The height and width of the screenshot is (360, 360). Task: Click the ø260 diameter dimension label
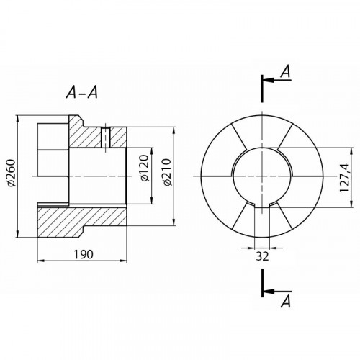point(12,173)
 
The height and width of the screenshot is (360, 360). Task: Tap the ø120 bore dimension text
point(144,168)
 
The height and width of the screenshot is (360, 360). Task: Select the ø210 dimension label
point(167,172)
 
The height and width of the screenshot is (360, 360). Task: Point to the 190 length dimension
point(83,254)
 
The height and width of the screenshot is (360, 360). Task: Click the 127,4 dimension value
point(344,178)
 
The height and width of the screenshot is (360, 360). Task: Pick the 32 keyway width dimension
point(262,256)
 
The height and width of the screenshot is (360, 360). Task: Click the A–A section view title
point(82,93)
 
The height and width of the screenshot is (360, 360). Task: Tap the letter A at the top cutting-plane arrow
point(286,71)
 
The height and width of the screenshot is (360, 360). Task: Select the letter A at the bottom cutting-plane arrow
point(286,301)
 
